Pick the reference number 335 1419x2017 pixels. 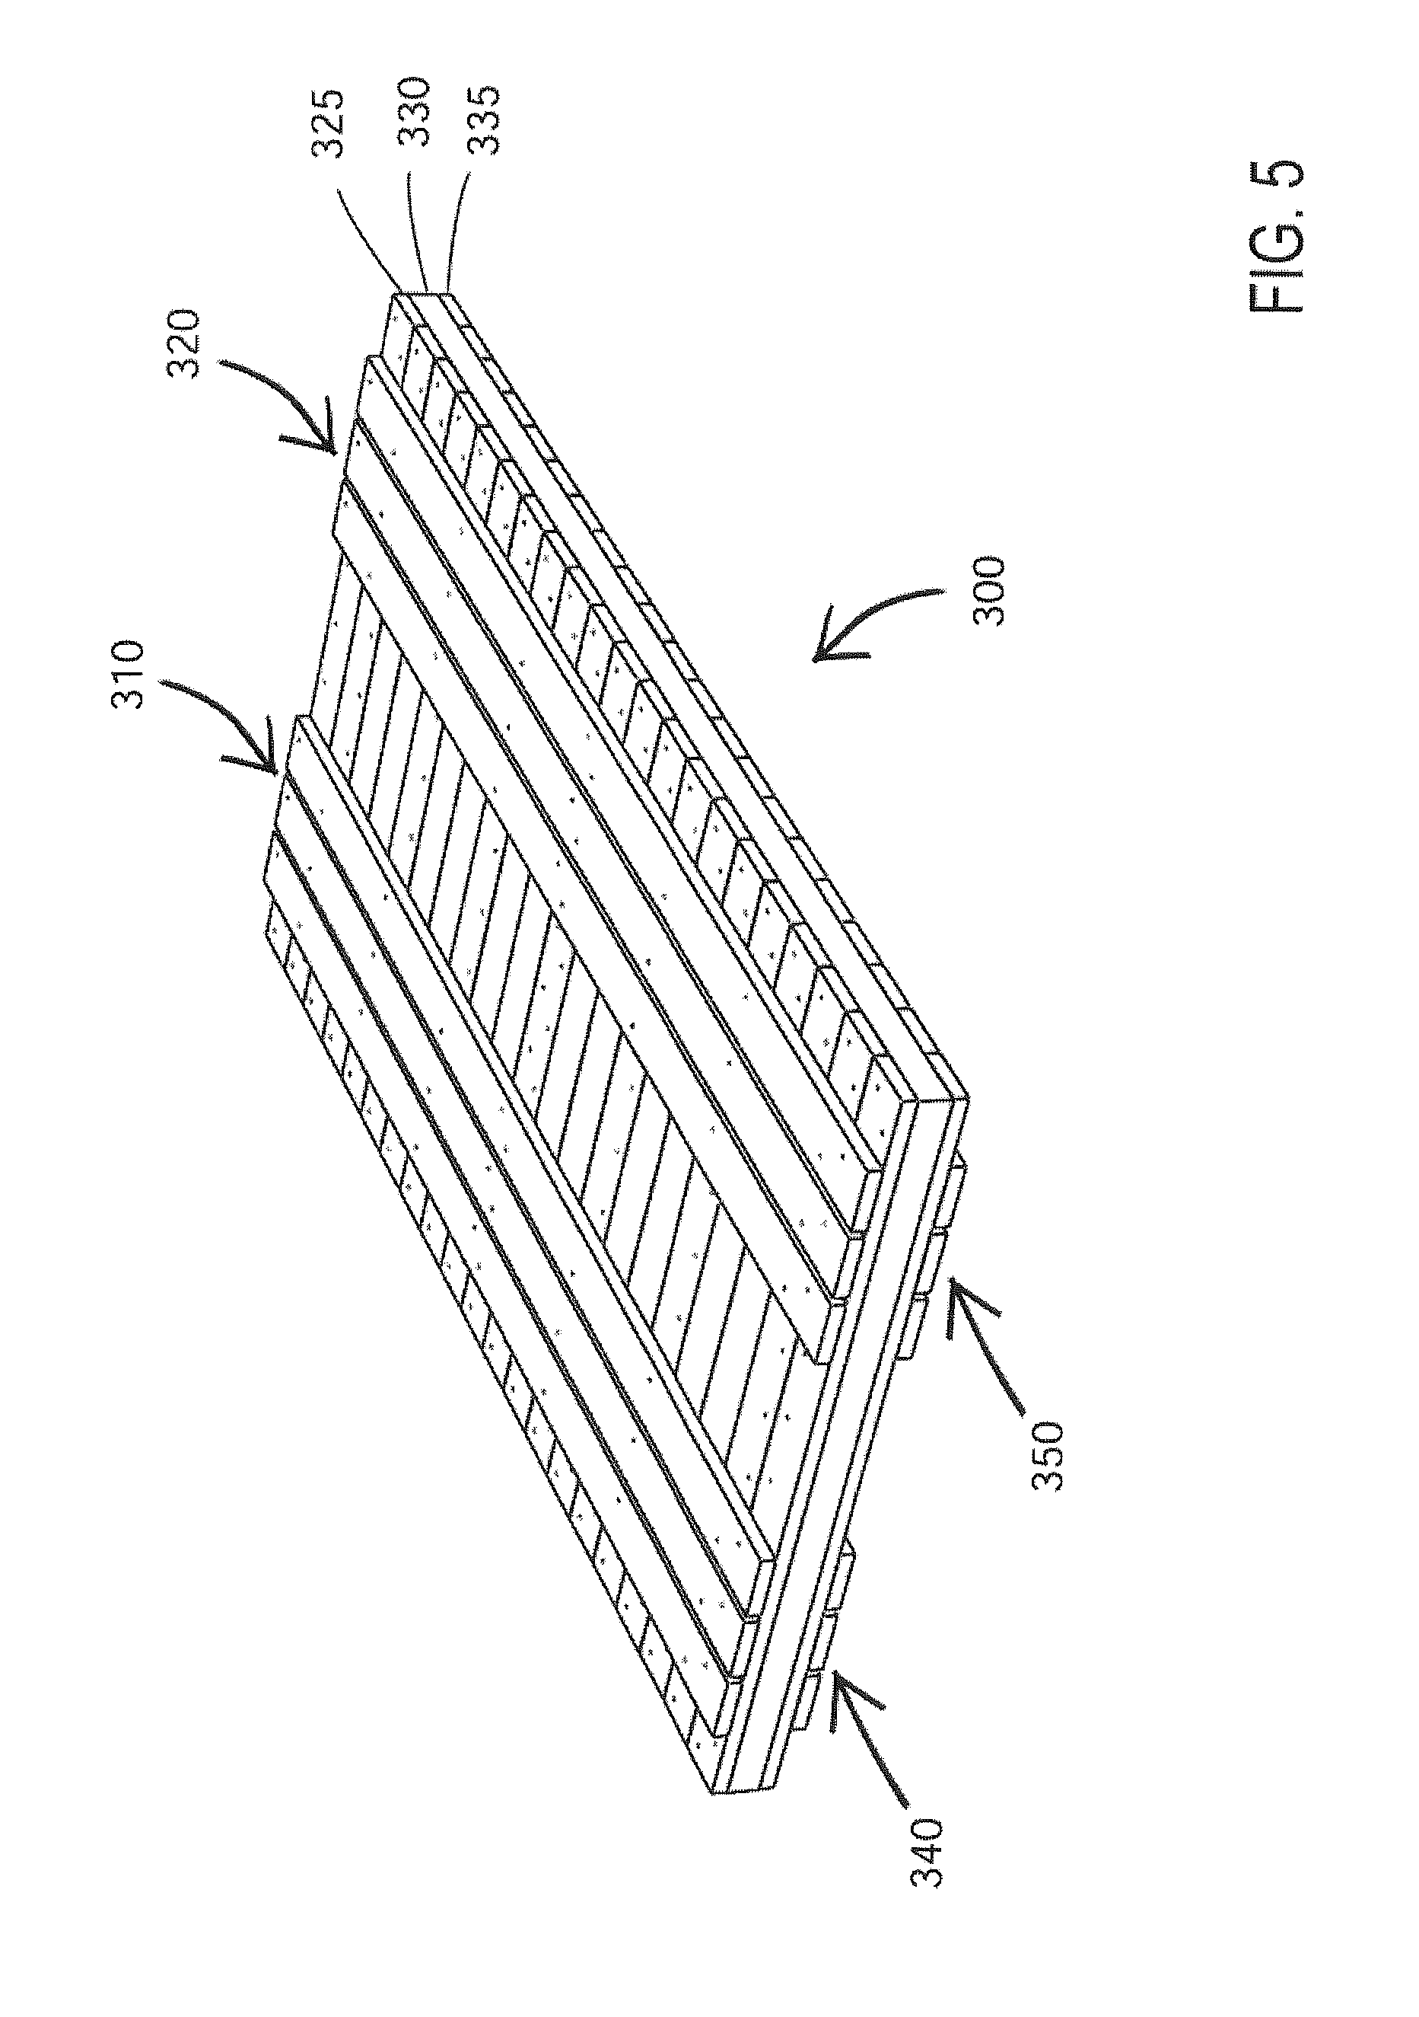[482, 120]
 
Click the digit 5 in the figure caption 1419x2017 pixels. [1277, 176]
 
